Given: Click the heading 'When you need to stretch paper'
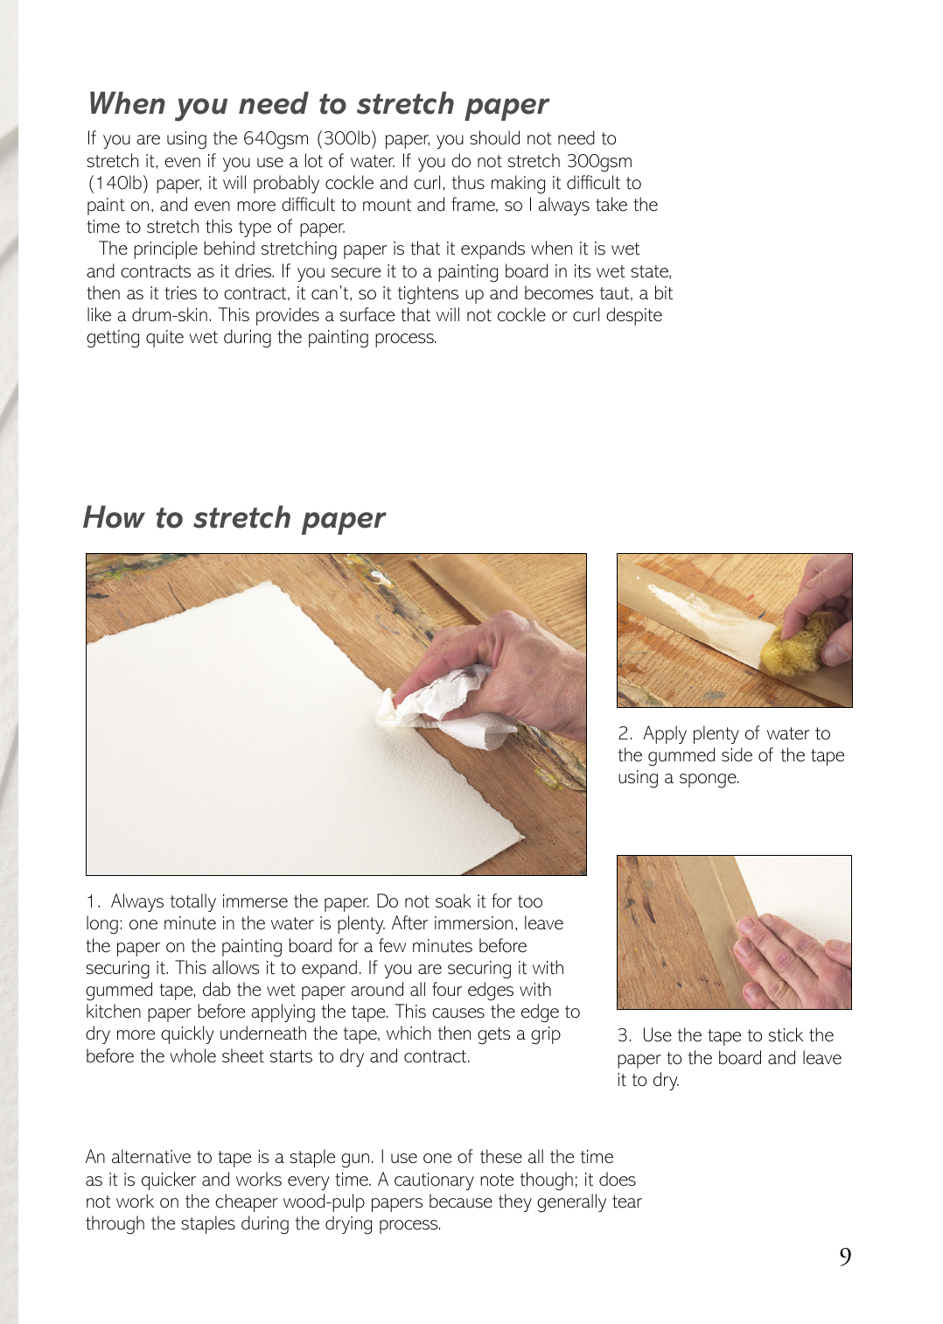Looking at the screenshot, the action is [x=318, y=104].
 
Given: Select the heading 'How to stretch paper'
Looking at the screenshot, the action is [x=234, y=518].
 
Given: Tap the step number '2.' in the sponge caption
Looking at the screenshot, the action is [x=625, y=733].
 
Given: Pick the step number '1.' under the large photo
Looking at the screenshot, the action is [x=94, y=901].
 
